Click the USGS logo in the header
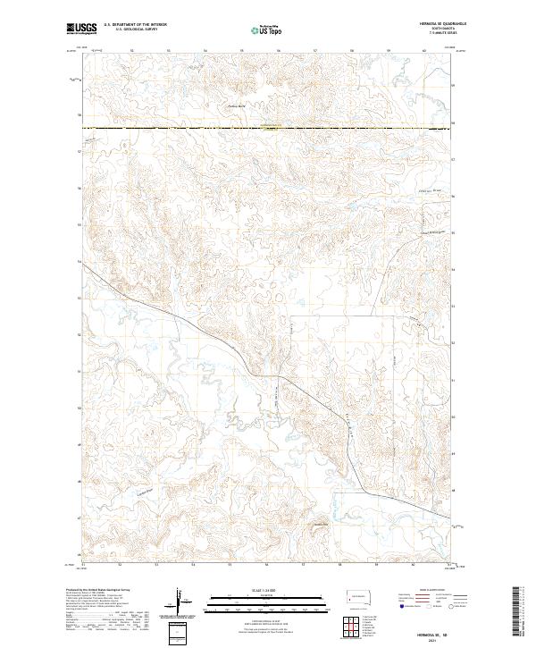[81, 29]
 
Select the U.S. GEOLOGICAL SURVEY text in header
[130, 29]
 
